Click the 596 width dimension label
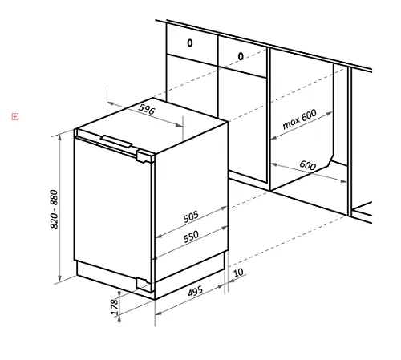(147, 109)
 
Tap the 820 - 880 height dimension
(54, 209)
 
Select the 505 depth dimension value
(191, 216)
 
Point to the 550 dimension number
(191, 237)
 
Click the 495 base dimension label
(196, 291)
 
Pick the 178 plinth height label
(114, 307)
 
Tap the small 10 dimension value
(238, 273)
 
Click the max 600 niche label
(299, 119)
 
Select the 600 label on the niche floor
(308, 165)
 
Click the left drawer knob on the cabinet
(190, 42)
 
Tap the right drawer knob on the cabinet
(241, 56)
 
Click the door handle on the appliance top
(116, 141)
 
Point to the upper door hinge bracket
(144, 156)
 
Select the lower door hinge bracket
(144, 284)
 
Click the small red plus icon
(15, 116)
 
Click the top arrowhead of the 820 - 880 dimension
(60, 137)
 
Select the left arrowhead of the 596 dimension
(111, 103)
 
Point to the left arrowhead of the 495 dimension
(159, 313)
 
